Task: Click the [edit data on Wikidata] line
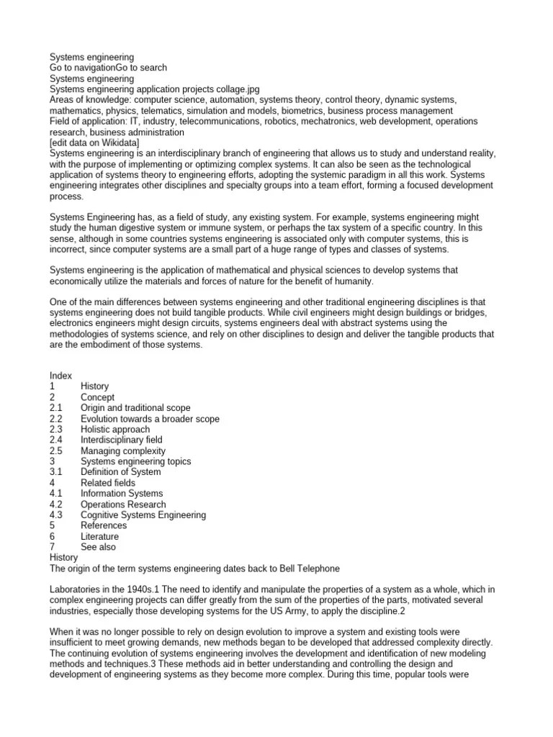[99, 144]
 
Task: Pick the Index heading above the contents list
[60, 376]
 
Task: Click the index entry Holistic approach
[115, 429]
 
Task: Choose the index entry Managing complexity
[122, 451]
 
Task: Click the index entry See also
[97, 547]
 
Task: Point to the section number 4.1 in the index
[56, 493]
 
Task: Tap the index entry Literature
[99, 536]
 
